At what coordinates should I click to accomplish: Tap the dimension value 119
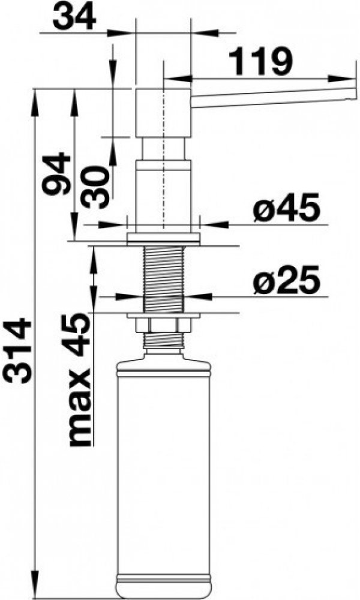point(260,62)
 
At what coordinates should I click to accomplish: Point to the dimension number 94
point(56,174)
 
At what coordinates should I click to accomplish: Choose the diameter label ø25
point(286,280)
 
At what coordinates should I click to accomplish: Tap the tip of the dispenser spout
point(354,89)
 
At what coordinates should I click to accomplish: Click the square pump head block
point(163,113)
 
